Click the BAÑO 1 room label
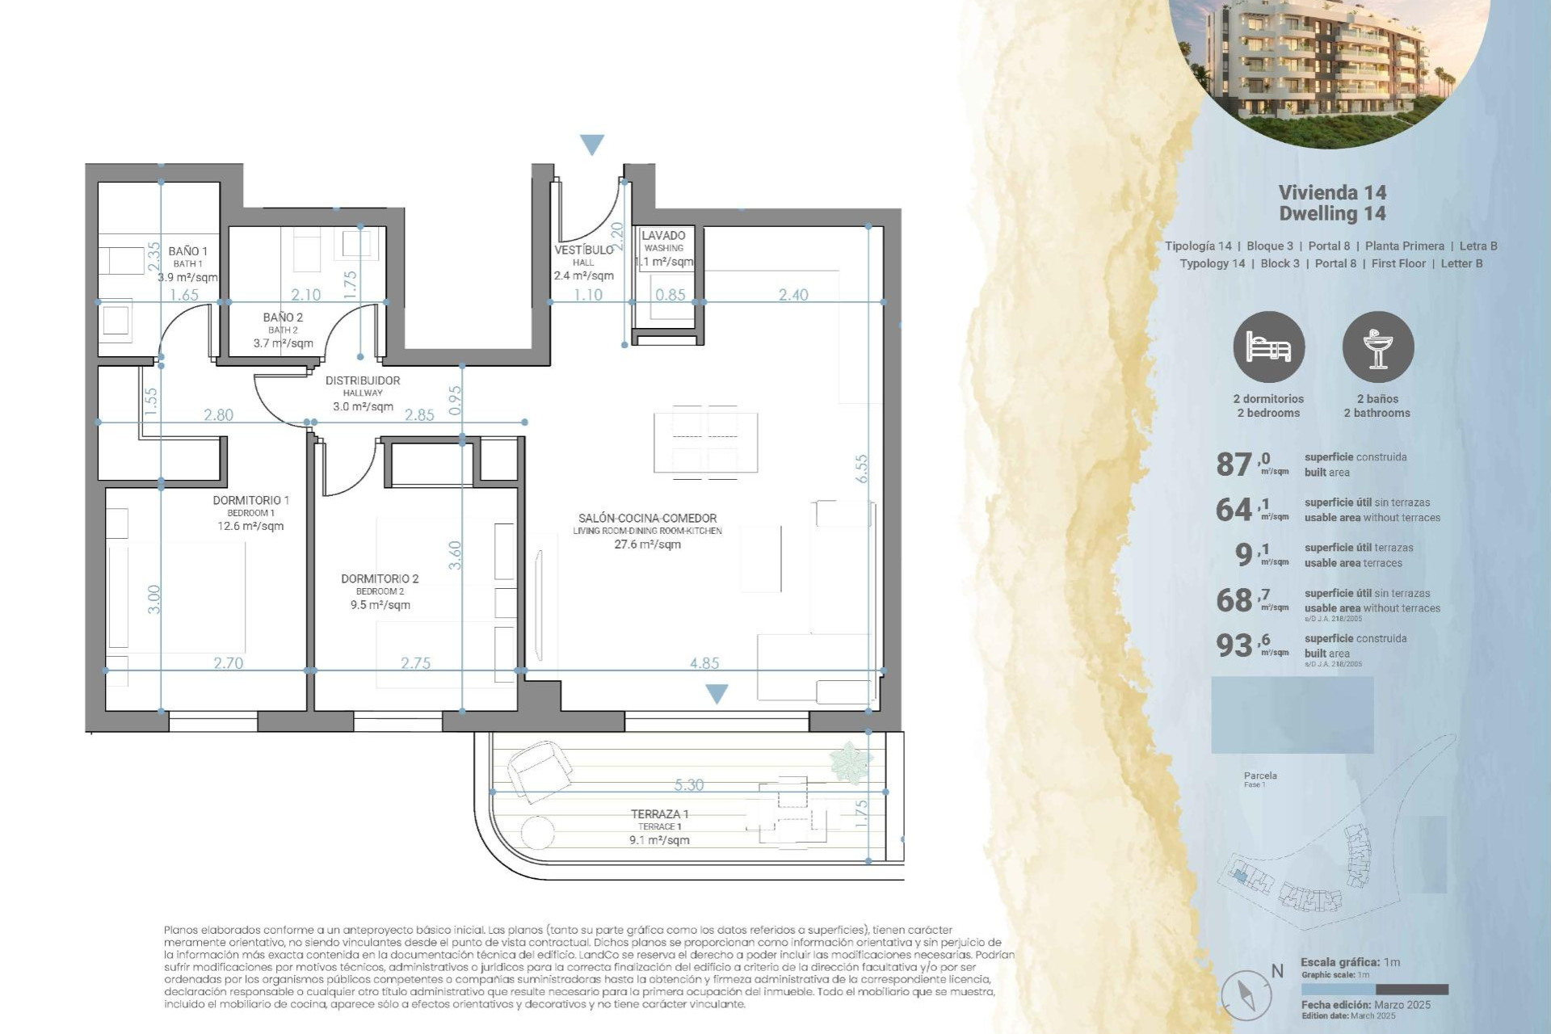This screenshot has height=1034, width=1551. pyautogui.click(x=187, y=251)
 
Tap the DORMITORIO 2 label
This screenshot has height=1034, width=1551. pyautogui.click(x=380, y=578)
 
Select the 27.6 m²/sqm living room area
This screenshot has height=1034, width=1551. pyautogui.click(x=647, y=544)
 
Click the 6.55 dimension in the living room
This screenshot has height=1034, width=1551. pyautogui.click(x=862, y=469)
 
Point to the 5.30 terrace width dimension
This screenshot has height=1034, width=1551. pyautogui.click(x=688, y=784)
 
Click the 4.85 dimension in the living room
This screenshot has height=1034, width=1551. pyautogui.click(x=704, y=663)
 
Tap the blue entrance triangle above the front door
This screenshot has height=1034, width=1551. pyautogui.click(x=592, y=145)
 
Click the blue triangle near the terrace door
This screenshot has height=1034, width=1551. pyautogui.click(x=717, y=693)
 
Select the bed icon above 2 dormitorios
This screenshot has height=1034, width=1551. pyautogui.click(x=1268, y=347)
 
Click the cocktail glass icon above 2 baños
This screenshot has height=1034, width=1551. pyautogui.click(x=1378, y=347)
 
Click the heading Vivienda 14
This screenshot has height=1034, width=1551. pyautogui.click(x=1332, y=192)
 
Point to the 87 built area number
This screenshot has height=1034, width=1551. pyautogui.click(x=1234, y=464)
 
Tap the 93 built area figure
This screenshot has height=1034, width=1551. pyautogui.click(x=1234, y=645)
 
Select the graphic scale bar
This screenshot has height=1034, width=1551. pyautogui.click(x=1374, y=990)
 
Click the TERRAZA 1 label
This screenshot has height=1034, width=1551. pyautogui.click(x=659, y=814)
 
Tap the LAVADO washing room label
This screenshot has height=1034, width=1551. pyautogui.click(x=663, y=236)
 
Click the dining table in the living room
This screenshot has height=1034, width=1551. pyautogui.click(x=705, y=442)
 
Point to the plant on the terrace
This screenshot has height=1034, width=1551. pyautogui.click(x=850, y=761)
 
